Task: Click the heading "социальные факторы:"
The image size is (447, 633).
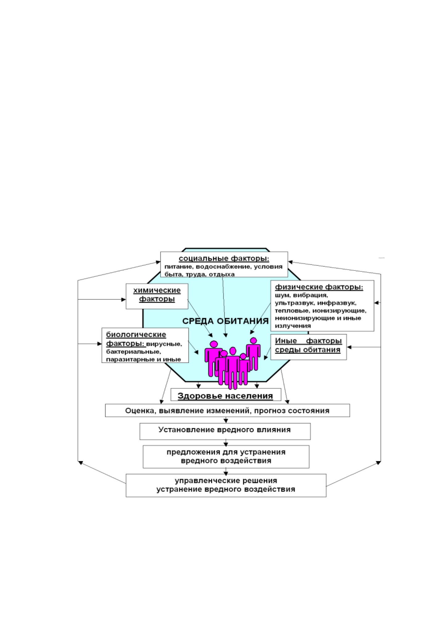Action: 224,258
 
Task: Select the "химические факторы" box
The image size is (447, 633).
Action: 157,296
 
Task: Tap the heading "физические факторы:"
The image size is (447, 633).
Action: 319,287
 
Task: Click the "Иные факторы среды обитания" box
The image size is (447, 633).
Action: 308,347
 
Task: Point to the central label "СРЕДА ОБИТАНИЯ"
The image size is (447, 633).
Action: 226,321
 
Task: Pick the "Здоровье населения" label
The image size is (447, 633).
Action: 226,396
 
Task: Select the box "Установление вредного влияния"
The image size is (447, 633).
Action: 225,431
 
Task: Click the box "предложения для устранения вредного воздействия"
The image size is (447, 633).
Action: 226,457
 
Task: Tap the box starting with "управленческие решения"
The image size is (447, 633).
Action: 226,485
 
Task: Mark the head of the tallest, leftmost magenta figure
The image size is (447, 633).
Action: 213,344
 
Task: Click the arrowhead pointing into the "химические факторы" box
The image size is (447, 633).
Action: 123,300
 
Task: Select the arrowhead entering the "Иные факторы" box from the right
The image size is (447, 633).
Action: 349,347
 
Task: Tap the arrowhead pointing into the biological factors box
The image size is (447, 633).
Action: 99,344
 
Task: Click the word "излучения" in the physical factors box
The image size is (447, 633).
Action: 293,326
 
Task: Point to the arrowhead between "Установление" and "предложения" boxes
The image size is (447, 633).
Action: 226,444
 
